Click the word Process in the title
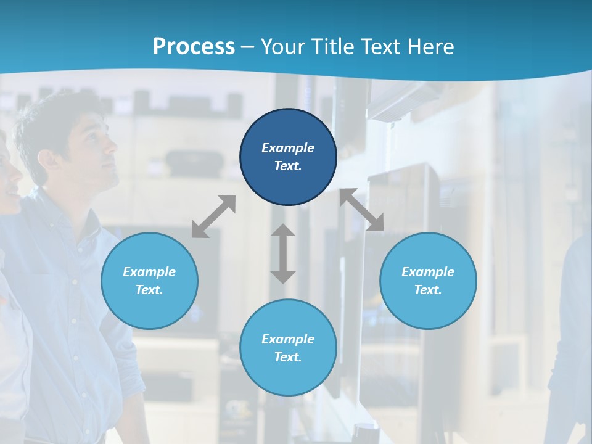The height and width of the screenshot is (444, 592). (x=194, y=47)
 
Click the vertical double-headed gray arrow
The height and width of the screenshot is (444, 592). (x=283, y=253)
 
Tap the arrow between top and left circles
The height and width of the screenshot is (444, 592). (x=213, y=216)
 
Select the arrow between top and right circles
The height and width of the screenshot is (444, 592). (x=361, y=210)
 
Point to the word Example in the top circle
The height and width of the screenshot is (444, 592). (x=288, y=148)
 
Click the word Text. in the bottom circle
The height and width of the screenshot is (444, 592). (x=288, y=357)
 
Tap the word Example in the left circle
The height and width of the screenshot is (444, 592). (x=149, y=272)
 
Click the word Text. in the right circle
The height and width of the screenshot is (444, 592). (x=428, y=290)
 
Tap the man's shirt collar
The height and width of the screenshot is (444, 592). (x=68, y=207)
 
